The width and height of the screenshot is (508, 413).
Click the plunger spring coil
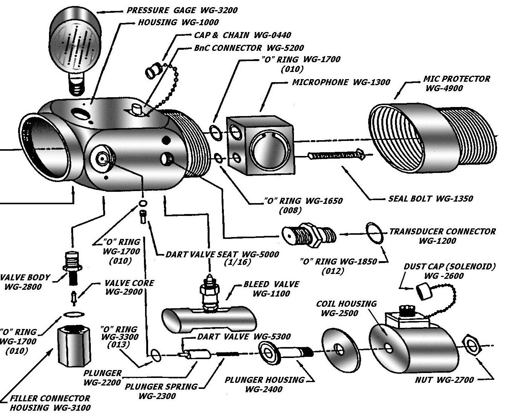coord(227,354)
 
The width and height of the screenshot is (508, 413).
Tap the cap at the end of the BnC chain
coord(153,70)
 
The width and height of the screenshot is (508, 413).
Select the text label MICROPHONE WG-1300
coord(341,82)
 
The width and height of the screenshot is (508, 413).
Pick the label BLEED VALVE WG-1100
coord(271,289)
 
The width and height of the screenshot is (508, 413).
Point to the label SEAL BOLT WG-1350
coord(430,199)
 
